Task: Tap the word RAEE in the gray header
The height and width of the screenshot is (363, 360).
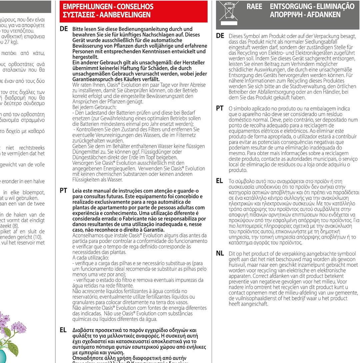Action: pos(254,7)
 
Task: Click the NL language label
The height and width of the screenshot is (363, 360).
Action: pos(220,254)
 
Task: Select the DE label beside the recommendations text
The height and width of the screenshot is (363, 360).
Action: pos(64,29)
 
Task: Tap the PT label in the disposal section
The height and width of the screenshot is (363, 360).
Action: pos(220,108)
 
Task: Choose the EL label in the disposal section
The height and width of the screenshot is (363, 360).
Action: pos(219,181)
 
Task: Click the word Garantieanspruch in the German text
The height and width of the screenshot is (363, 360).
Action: pos(93,79)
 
